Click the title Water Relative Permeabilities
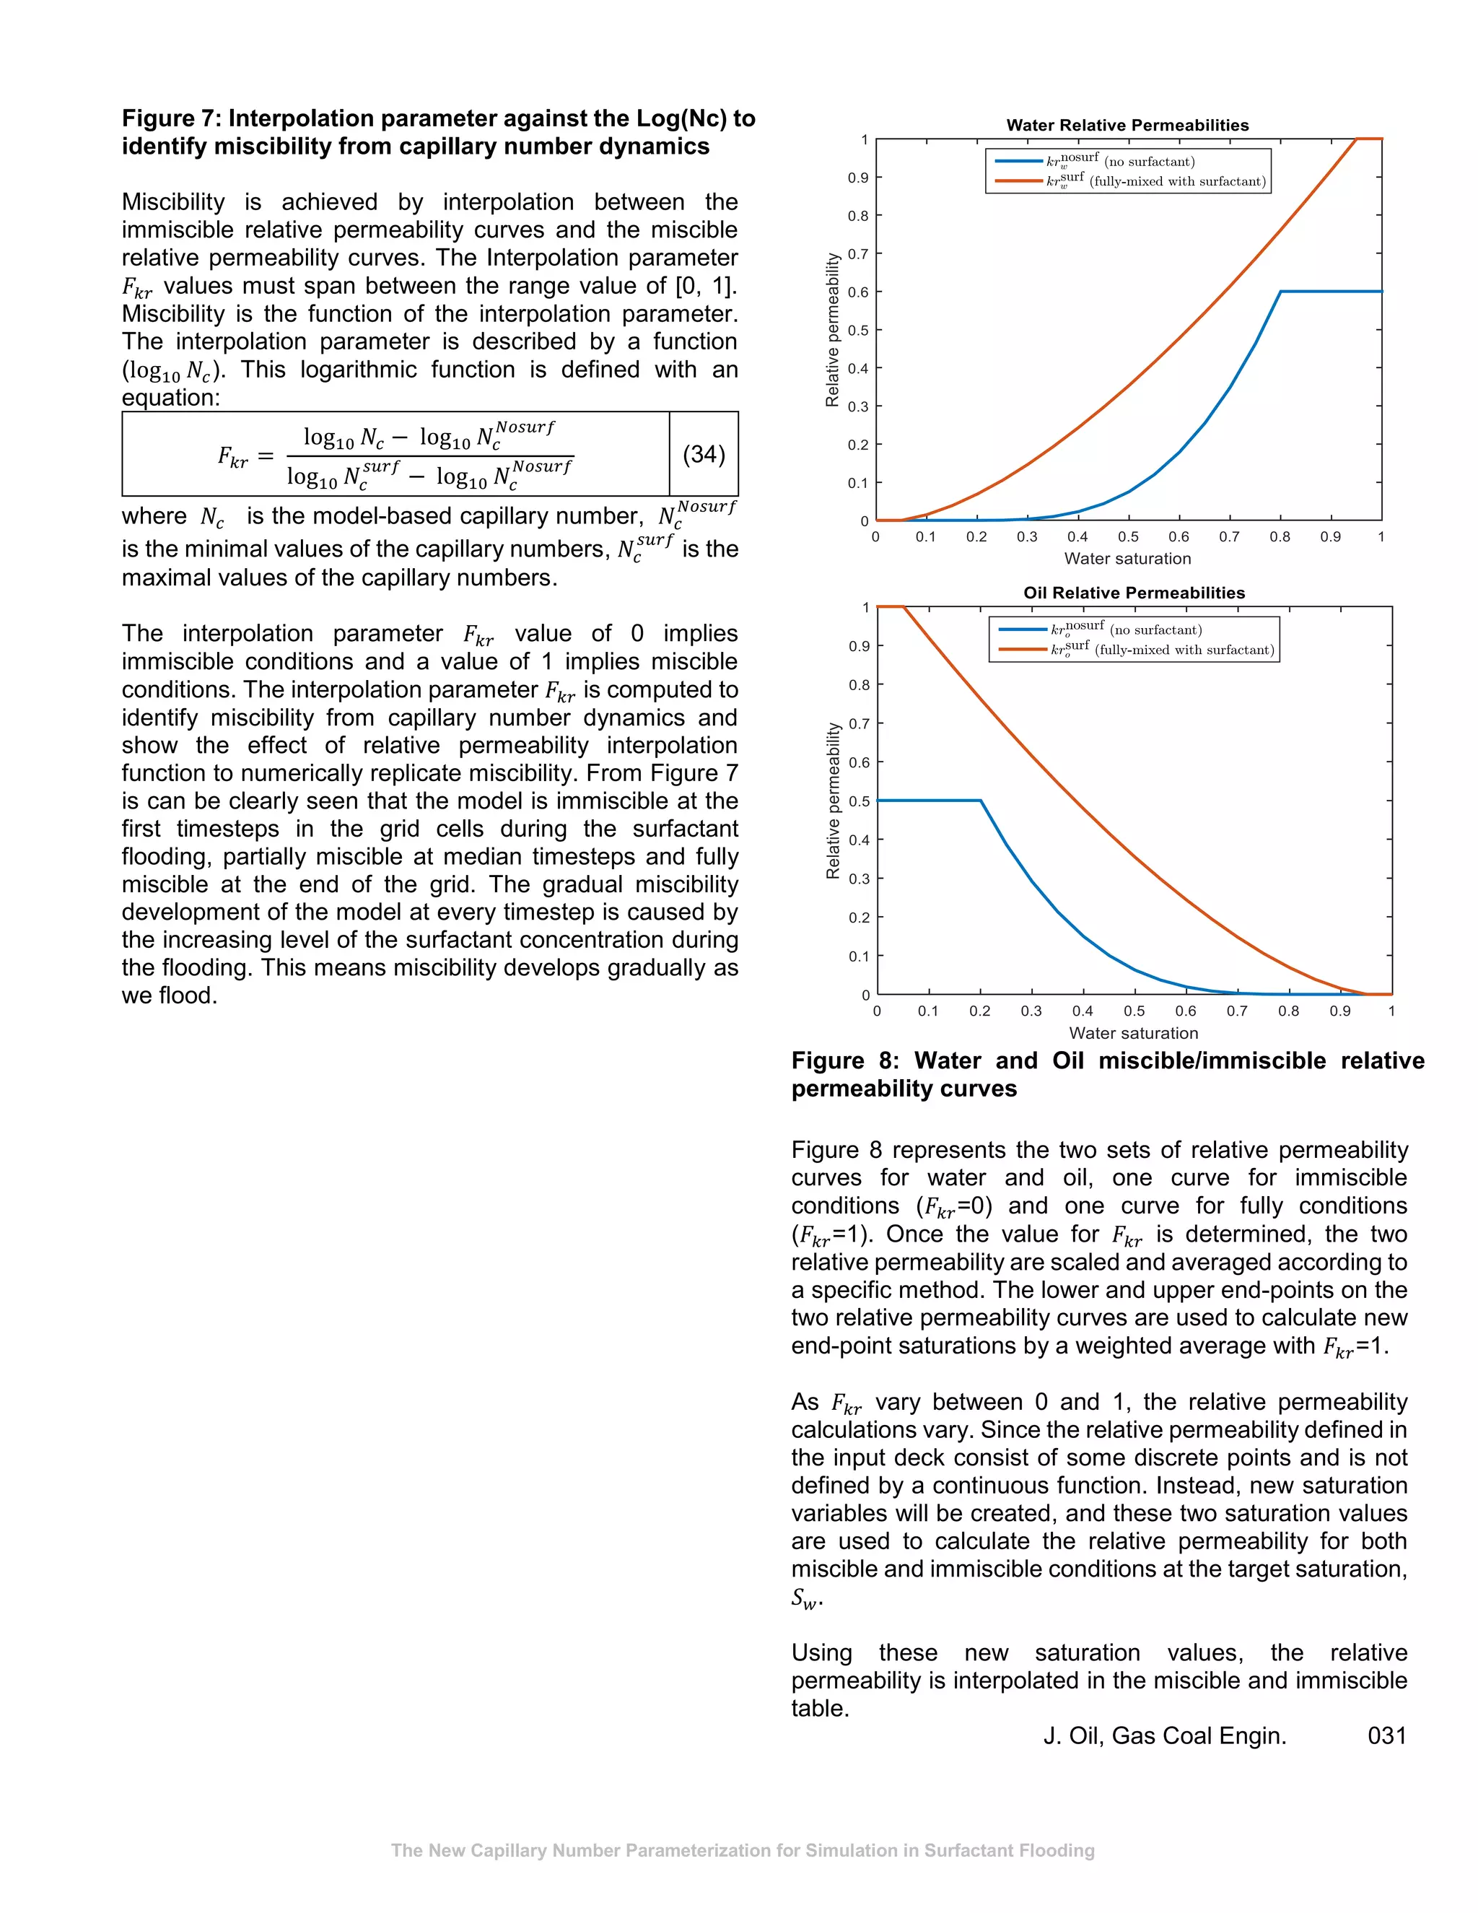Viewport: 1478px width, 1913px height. pyautogui.click(x=1127, y=126)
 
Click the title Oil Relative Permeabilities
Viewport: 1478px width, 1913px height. pyautogui.click(x=1133, y=593)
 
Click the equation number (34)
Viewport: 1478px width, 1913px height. pyautogui.click(x=703, y=454)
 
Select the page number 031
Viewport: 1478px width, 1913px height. pyautogui.click(x=1386, y=1735)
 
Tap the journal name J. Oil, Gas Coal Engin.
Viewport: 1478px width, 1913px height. pyautogui.click(x=1165, y=1735)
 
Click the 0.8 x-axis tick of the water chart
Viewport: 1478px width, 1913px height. pyautogui.click(x=1280, y=537)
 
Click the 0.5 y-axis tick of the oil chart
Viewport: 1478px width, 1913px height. pyautogui.click(x=859, y=801)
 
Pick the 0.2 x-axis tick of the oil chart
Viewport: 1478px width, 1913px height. pyautogui.click(x=980, y=1011)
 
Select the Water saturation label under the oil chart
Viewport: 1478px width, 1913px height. pyautogui.click(x=1133, y=1033)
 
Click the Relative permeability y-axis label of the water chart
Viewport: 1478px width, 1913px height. pyautogui.click(x=832, y=330)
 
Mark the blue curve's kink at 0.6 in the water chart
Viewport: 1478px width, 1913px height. pyautogui.click(x=1280, y=292)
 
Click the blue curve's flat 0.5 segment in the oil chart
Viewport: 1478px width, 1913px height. pyautogui.click(x=928, y=801)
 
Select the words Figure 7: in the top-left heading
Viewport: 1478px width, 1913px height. pyautogui.click(x=171, y=118)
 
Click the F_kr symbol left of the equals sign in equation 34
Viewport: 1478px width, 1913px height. pyautogui.click(x=232, y=456)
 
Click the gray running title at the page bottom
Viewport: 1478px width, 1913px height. pyautogui.click(x=742, y=1850)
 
